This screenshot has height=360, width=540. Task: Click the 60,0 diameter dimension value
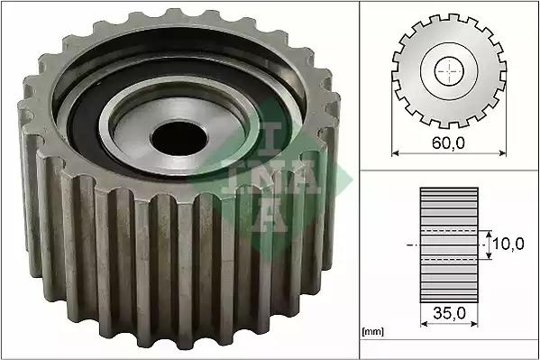click(448, 143)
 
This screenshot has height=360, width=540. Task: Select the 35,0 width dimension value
click(449, 313)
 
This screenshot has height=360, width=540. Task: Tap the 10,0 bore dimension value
click(508, 245)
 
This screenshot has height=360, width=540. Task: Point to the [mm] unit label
click(373, 332)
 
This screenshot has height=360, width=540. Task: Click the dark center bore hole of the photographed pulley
click(179, 138)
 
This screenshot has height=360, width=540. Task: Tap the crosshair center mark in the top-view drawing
click(449, 71)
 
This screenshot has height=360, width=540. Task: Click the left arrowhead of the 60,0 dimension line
click(395, 152)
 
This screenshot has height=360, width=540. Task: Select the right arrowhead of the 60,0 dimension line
click(503, 152)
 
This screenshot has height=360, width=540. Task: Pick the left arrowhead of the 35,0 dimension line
click(424, 324)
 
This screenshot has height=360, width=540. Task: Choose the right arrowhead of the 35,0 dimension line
click(474, 324)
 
